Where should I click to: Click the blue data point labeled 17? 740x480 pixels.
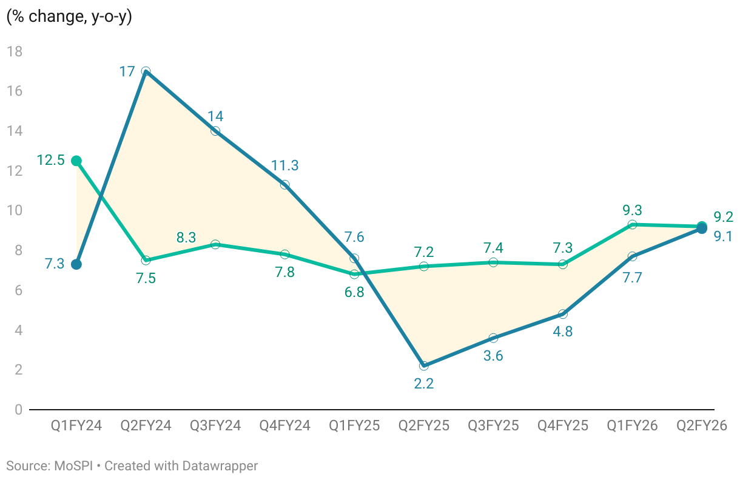coord(146,72)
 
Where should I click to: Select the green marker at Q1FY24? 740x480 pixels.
coord(76,161)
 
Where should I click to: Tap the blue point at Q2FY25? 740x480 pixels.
coord(423,365)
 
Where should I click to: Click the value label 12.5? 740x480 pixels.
coord(51,161)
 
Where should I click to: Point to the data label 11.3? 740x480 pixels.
coord(284,165)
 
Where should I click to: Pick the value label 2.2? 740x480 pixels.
coord(423,384)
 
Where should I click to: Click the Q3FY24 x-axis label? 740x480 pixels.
coord(215,425)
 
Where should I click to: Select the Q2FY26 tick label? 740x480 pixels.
coord(702,425)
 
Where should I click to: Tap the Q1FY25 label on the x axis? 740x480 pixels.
coord(354,425)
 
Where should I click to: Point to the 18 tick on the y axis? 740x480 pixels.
coord(15,52)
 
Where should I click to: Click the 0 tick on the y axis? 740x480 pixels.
coord(18,410)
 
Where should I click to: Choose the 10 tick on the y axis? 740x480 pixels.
coord(15,211)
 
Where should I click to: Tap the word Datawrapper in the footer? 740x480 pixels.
coord(222,466)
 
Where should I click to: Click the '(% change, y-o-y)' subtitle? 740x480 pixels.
coord(69,17)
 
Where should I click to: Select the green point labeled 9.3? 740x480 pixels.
coord(632,224)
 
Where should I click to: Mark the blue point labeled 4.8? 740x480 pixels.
coord(563,314)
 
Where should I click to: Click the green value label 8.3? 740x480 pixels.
coord(186,238)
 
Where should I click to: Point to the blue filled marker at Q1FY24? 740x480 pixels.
coord(76,264)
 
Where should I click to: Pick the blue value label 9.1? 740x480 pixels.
coord(723,236)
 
